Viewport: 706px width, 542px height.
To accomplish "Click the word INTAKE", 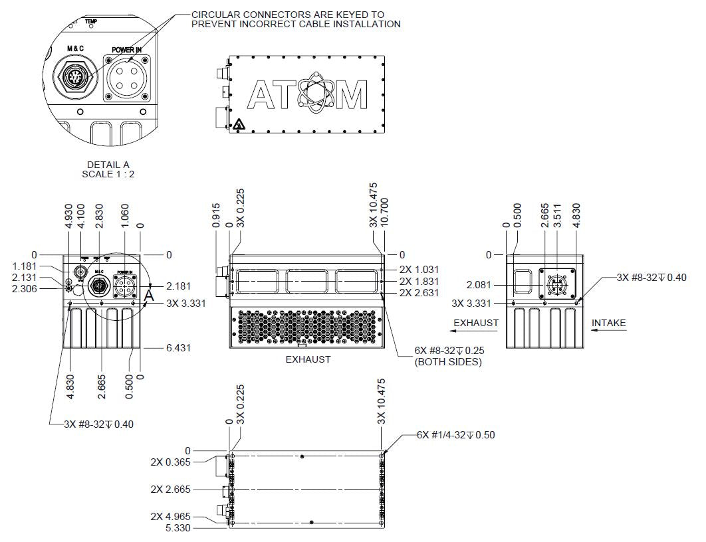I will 608,323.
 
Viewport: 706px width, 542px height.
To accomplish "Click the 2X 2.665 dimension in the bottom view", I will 170,490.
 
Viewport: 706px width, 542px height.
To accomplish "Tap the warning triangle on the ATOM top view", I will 237,124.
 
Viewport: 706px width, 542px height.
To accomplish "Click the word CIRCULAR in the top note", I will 213,15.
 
